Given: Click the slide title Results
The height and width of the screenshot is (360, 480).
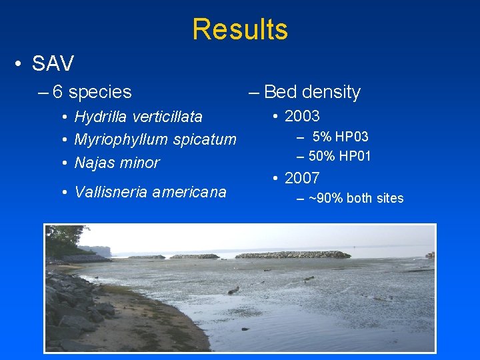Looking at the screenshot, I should (240, 29).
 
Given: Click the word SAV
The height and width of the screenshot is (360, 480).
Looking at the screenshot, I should (53, 64).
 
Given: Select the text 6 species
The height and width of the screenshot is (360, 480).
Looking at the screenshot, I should (93, 92).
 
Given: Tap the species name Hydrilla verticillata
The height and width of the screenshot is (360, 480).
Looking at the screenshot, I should (138, 117).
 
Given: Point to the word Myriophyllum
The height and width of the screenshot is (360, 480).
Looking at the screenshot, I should (121, 140).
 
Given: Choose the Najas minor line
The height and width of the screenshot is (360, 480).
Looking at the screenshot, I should (117, 163).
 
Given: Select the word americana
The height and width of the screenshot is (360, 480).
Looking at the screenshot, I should (189, 193).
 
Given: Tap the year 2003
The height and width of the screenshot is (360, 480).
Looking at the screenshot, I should (302, 116).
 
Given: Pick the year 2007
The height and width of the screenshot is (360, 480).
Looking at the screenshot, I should (302, 178).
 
